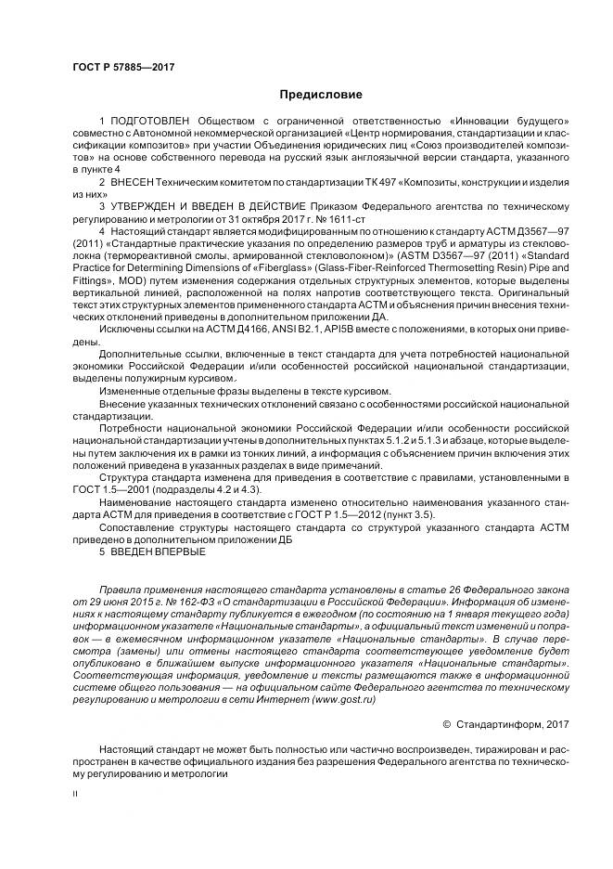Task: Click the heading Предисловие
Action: [x=321, y=95]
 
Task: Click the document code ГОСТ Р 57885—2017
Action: [x=123, y=68]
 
